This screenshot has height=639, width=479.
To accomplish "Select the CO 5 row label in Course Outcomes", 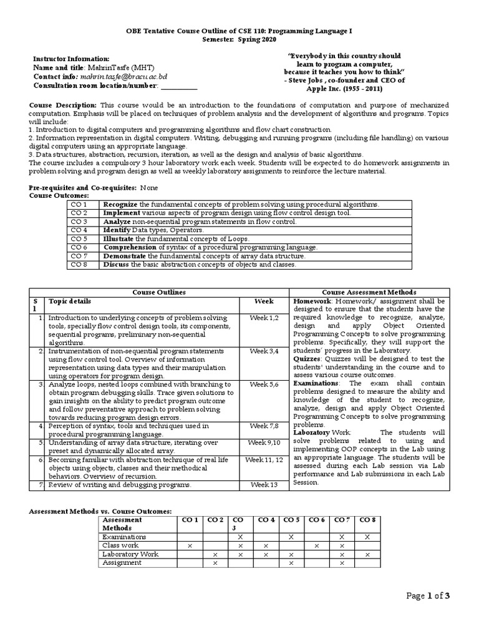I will point(79,239).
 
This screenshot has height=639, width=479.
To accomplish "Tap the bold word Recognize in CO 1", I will point(120,204).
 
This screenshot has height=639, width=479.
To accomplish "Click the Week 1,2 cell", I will point(264,318).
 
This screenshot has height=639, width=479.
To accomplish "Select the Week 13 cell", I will point(264,485).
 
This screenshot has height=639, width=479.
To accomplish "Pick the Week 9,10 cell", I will point(264,442).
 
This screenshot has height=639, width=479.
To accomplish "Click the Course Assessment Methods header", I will point(369,292).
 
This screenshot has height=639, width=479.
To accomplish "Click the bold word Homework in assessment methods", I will point(313,301).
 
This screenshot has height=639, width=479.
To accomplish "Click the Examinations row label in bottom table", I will point(124,537).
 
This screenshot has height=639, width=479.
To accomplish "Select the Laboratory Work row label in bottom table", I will point(130,554).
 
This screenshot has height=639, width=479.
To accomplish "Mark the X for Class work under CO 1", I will point(189,545).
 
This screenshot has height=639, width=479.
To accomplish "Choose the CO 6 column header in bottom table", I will point(317,520).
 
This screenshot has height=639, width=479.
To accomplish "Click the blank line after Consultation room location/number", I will point(179,85).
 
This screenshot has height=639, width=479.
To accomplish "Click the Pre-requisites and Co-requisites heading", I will point(83,188).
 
